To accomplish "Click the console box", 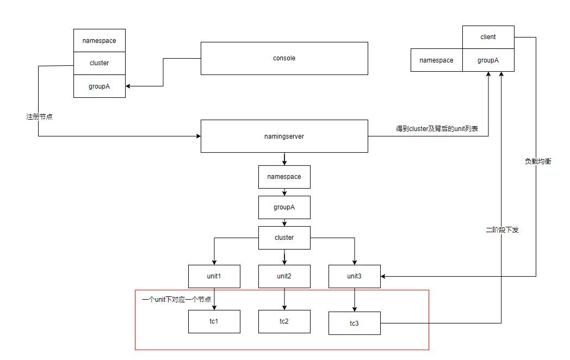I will point(284,58).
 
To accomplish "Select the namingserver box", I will point(284,136).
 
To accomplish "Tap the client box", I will point(488,37).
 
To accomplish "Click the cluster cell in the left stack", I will point(99,63).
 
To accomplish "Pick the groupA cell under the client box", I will point(488,60).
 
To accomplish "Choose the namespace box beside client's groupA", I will point(436,60).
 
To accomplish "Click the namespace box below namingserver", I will point(284,177).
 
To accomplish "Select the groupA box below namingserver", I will point(284,207).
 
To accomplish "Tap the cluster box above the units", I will point(284,238).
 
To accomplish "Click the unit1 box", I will point(214,276).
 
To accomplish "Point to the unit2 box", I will point(284,276).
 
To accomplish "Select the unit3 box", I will point(354,276).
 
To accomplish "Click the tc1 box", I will point(214,321).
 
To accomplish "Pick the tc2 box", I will point(284,321).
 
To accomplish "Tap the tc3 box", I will point(354,324).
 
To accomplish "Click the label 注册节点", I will point(39,117).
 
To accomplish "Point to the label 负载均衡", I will point(537,162).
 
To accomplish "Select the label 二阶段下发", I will point(502,230).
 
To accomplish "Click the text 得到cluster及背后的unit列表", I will point(437,129).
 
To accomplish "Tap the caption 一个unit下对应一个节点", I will point(176,300).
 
